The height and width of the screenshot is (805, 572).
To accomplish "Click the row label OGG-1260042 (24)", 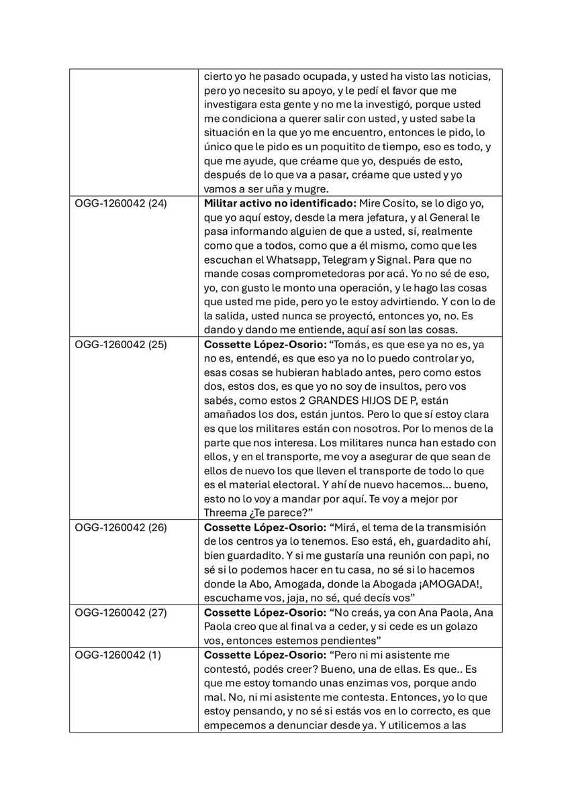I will click(121, 203).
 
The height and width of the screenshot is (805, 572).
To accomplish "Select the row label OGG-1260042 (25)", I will click(121, 344).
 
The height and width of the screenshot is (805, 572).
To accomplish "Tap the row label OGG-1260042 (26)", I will click(121, 527).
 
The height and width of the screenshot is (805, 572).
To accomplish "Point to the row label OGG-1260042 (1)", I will click(118, 654).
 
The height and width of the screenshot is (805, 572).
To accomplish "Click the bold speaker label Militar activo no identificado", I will click(280, 203).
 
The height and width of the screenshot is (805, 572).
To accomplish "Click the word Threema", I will click(226, 513).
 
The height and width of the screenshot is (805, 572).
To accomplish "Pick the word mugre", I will click(310, 189).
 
